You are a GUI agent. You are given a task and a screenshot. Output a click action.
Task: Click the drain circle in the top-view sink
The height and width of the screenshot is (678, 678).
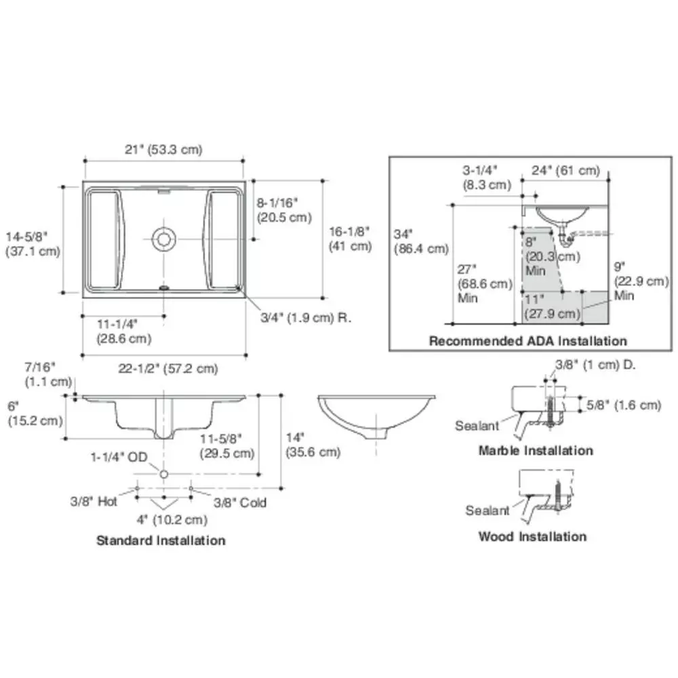163,239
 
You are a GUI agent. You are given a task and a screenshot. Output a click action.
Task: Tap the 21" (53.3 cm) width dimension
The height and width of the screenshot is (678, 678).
163,150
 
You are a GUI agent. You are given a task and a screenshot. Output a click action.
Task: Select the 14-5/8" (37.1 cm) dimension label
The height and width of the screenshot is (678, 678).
33,244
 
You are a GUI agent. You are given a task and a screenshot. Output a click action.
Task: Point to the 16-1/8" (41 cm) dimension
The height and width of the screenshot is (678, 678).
351,239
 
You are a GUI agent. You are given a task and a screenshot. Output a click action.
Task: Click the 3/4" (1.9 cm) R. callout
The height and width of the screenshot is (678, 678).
306,318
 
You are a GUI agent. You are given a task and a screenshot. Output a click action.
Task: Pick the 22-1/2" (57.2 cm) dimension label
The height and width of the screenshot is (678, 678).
167,369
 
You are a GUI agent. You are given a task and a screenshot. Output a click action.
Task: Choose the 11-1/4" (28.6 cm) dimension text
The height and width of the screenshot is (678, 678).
123,332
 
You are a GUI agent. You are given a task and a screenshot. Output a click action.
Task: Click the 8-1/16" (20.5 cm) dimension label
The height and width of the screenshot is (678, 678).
284,210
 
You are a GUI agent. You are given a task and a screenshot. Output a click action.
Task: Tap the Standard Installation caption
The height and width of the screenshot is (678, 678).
161,540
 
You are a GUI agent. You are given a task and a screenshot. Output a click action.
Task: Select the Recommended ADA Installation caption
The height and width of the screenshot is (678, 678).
528,341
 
